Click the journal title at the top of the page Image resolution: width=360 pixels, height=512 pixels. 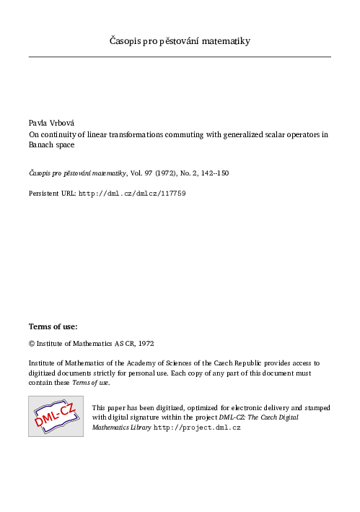pyautogui.click(x=180, y=41)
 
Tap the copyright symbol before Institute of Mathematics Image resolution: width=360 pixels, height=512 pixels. pyautogui.click(x=32, y=344)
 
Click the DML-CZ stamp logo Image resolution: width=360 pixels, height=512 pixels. pyautogui.click(x=56, y=416)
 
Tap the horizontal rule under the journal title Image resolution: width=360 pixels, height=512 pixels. pyautogui.click(x=180, y=56)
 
